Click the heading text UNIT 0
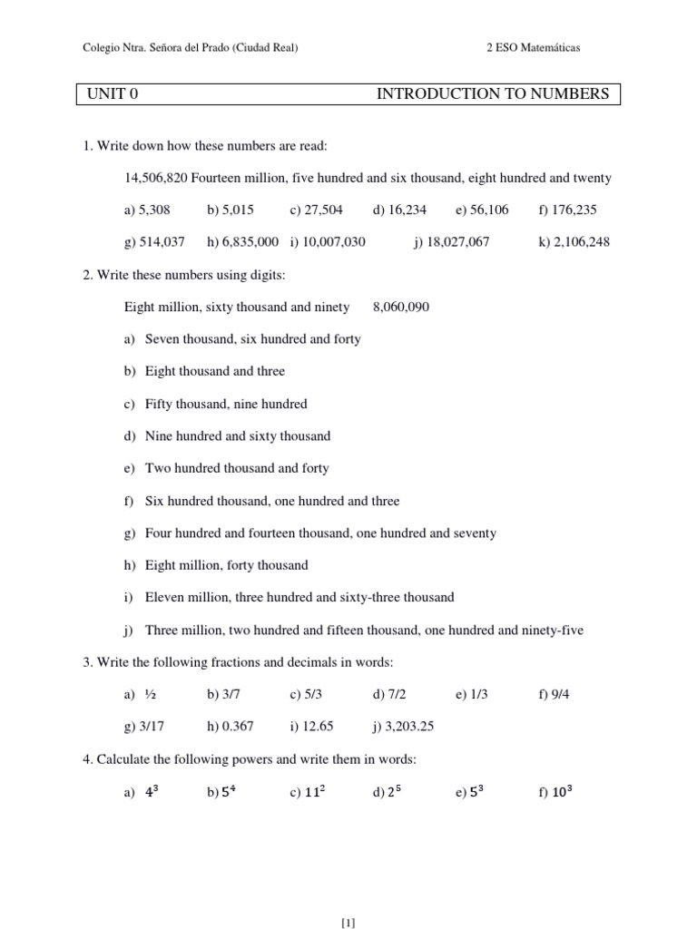[x=113, y=94]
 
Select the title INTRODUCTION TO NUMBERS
[x=493, y=94]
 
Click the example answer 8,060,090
[x=401, y=307]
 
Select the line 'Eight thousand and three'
[x=215, y=371]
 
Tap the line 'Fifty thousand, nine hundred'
[x=226, y=404]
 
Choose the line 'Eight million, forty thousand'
[x=227, y=565]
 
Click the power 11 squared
[x=315, y=791]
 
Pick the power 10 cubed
[x=562, y=791]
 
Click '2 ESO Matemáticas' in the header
[x=533, y=48]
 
